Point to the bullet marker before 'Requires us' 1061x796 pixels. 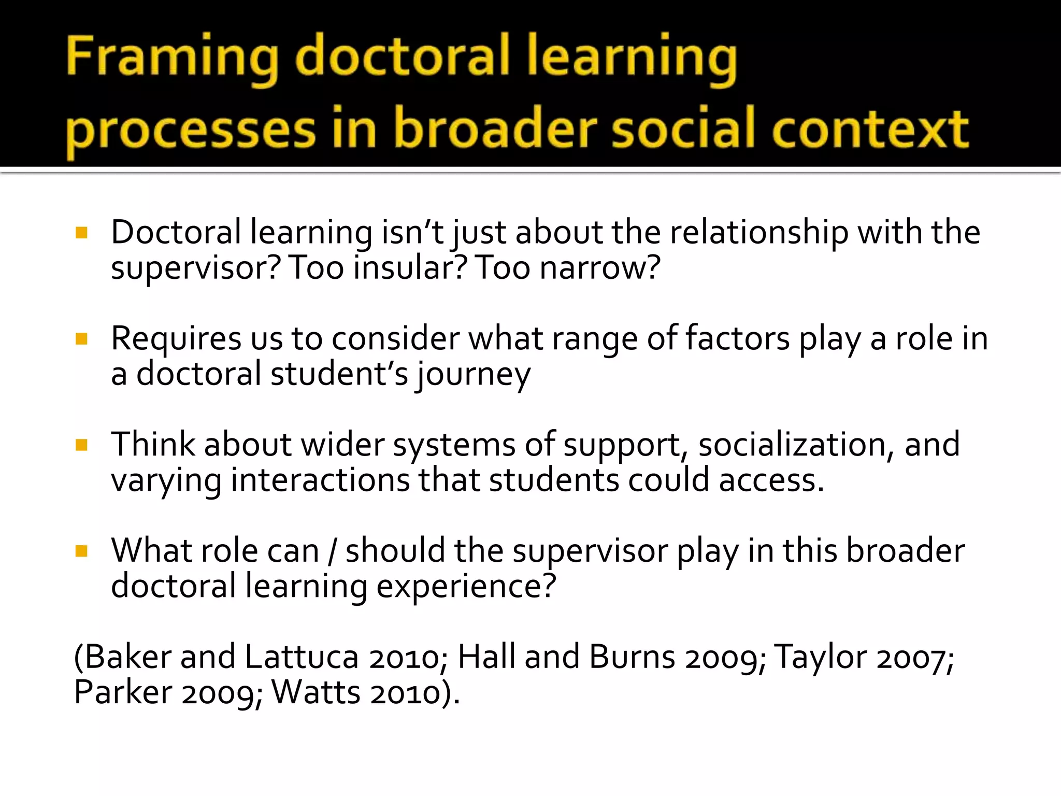(x=81, y=339)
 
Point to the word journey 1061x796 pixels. (x=474, y=375)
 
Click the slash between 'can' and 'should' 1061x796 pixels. (x=332, y=551)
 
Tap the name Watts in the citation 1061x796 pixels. (x=316, y=692)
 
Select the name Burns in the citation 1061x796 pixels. (x=632, y=657)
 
